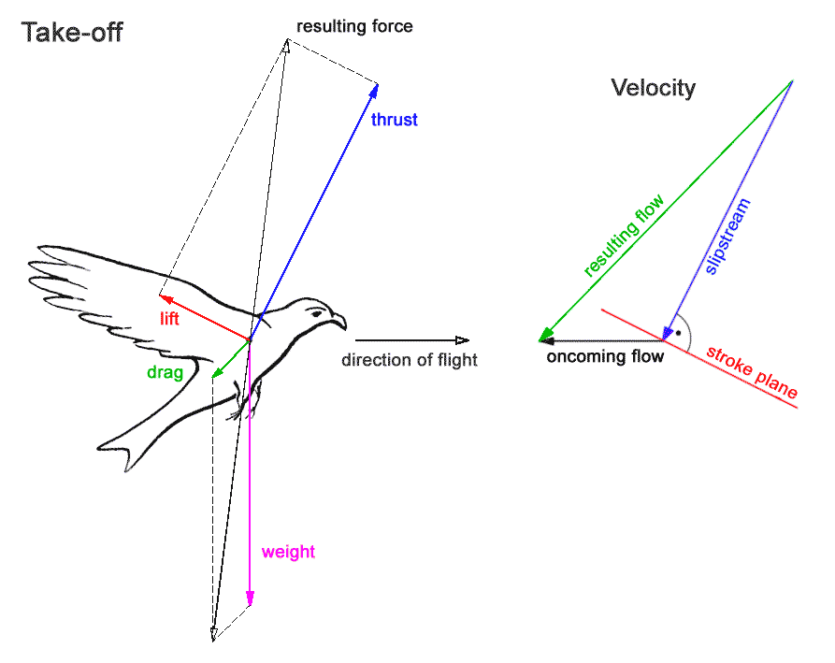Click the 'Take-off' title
point(72,34)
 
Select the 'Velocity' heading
point(653,88)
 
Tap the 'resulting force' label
point(354,26)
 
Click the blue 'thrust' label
point(394,120)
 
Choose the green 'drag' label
point(164,371)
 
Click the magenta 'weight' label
point(288,552)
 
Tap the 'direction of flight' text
point(409,361)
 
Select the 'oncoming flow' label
point(605,356)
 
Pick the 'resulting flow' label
point(624,237)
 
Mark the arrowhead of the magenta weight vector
point(250,598)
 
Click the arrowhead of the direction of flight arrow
point(462,340)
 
